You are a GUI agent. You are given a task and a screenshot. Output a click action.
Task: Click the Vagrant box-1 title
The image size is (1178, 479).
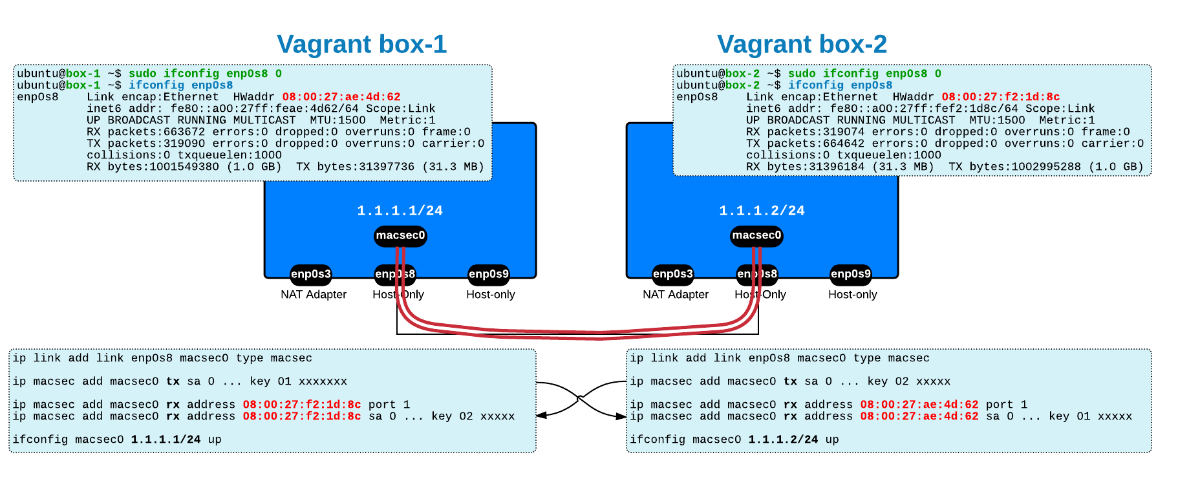click(x=361, y=45)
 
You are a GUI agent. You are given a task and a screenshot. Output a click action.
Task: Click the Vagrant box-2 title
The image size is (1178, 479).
click(x=802, y=45)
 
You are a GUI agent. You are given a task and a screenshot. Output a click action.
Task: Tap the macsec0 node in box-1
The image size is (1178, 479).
click(x=400, y=235)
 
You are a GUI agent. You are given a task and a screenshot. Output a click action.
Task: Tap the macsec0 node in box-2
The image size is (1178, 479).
click(x=756, y=235)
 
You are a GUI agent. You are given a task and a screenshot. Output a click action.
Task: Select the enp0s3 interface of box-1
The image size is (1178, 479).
click(x=310, y=274)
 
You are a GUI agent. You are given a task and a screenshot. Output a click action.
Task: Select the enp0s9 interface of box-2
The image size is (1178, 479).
click(x=850, y=274)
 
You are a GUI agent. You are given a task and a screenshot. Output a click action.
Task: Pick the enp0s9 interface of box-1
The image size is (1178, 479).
click(x=488, y=274)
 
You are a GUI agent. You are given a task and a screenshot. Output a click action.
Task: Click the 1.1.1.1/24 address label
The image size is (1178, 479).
click(x=400, y=211)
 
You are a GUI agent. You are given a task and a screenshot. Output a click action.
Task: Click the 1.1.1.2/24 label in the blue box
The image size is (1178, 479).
click(x=762, y=211)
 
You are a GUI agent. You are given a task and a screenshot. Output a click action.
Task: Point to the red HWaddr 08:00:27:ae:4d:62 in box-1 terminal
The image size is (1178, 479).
click(x=341, y=97)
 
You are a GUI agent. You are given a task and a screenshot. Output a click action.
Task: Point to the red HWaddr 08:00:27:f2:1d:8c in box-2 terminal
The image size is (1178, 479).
click(x=1000, y=97)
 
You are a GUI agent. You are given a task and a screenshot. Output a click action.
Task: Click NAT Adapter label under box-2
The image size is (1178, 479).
click(x=675, y=295)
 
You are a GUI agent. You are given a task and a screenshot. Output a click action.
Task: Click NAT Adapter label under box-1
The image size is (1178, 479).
click(x=313, y=295)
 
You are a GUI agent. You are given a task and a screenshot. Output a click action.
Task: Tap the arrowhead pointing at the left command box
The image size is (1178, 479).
click(x=541, y=415)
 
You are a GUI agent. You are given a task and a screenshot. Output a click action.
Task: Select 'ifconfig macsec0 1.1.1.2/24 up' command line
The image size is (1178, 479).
click(x=734, y=440)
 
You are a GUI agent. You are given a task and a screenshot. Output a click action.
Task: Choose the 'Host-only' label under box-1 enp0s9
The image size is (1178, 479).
click(x=490, y=295)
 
